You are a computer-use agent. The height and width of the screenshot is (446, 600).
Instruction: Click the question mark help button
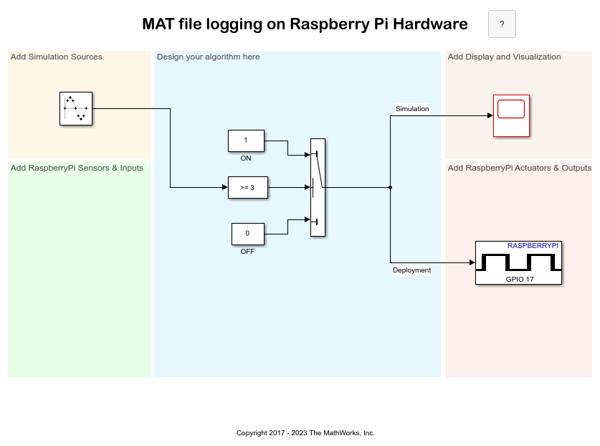(502, 24)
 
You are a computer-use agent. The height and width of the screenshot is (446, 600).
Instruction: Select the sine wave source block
(75, 109)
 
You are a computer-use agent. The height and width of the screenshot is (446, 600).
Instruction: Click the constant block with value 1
(246, 141)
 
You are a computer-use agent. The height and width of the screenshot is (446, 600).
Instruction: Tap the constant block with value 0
(247, 234)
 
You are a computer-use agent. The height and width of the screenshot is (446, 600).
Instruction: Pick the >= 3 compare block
(247, 187)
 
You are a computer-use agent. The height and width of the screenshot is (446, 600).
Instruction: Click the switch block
(318, 187)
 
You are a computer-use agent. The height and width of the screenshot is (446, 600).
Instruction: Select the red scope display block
(511, 115)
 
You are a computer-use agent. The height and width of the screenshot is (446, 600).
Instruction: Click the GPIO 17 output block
(518, 263)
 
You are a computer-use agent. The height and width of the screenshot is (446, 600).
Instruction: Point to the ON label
(246, 158)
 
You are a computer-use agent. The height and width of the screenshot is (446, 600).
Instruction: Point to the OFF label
(247, 252)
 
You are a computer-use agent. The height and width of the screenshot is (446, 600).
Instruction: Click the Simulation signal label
(412, 109)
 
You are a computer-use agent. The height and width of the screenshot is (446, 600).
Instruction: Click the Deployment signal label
(411, 270)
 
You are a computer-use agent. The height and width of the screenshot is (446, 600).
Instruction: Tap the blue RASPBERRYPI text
(533, 246)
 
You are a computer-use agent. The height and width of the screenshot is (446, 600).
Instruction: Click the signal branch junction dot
(390, 187)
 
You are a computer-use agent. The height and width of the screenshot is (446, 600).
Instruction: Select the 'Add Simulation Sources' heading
(57, 57)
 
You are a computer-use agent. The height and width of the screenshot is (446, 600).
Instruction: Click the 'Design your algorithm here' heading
(208, 57)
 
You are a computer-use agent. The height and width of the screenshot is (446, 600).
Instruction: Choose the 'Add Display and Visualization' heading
(504, 57)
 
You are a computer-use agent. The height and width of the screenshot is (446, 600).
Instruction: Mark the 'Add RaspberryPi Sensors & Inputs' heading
(77, 168)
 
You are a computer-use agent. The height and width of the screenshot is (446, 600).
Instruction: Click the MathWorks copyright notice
(305, 433)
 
